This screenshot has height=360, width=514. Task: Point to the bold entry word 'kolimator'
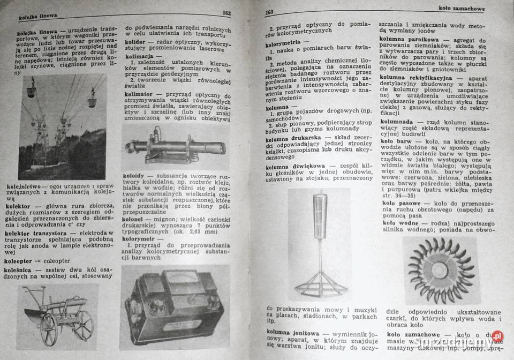pyautogui.click(x=139, y=92)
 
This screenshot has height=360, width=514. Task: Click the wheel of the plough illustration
pyautogui.click(x=50, y=327)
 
